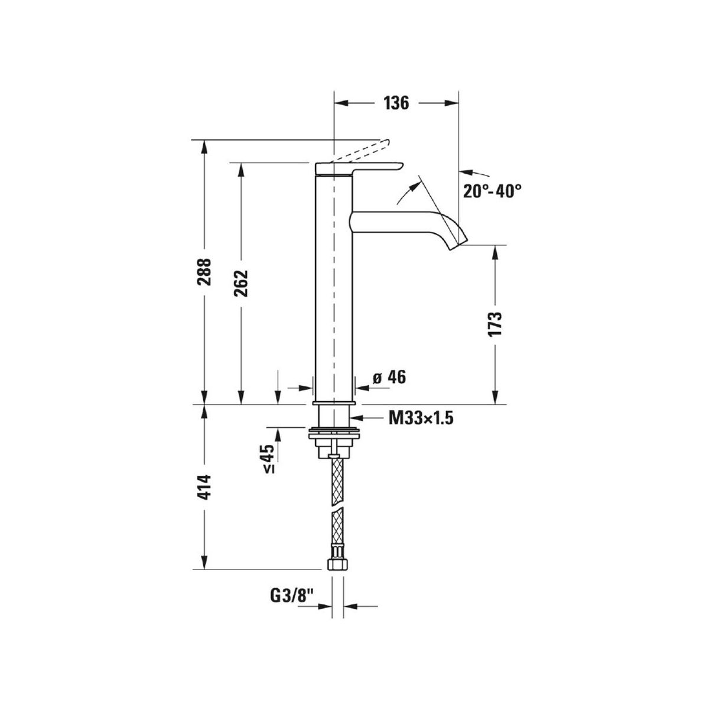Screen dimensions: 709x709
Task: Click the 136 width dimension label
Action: tap(396, 103)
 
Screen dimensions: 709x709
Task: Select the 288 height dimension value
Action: tap(204, 271)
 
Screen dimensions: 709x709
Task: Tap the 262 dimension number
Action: tap(241, 284)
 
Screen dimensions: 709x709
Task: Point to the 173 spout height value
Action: tap(495, 324)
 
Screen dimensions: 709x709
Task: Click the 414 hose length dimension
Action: tap(204, 487)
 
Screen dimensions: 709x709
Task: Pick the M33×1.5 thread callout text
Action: tap(421, 418)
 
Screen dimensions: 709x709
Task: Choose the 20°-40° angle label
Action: tap(492, 191)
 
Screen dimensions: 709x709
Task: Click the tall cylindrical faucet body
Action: tap(334, 284)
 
